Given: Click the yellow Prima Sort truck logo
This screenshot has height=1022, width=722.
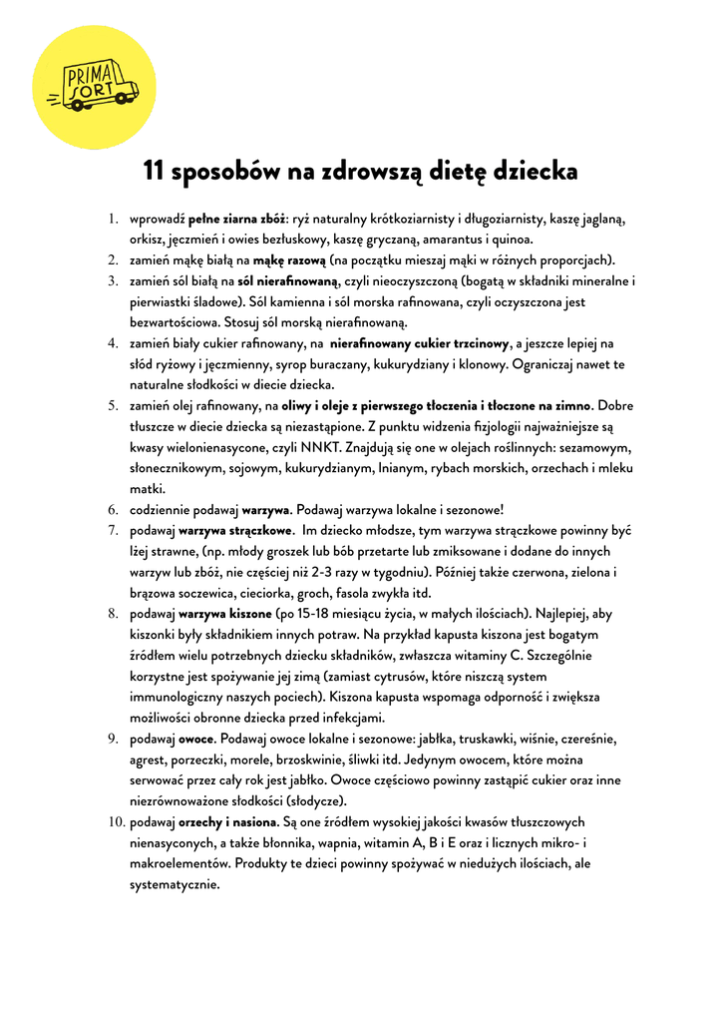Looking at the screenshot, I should (95, 87).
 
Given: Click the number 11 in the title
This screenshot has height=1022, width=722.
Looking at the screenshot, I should (155, 172).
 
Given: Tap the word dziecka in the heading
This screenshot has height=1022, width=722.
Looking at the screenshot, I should (534, 172).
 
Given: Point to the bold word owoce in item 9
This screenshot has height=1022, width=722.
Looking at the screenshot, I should (196, 739).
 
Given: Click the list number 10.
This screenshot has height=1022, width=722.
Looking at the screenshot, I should (114, 822).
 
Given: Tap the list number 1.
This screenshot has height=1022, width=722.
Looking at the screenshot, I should (114, 219).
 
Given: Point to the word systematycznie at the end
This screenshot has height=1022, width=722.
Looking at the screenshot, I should (175, 884).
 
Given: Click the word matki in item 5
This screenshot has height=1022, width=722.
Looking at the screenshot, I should (146, 489).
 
